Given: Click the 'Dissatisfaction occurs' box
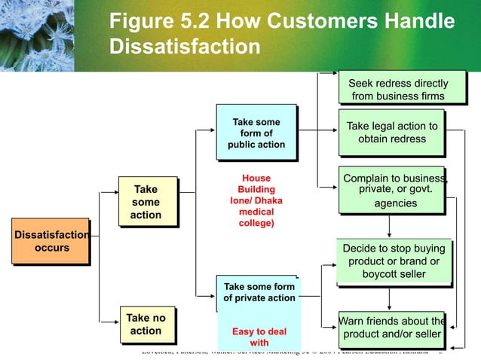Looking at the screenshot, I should pos(50,241).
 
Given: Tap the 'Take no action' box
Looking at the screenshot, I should pos(146,324).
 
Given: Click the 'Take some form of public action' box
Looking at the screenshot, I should pos(256,133).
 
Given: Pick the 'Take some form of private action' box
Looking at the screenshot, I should pos(259,292).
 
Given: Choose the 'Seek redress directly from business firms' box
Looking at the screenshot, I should pos(399,89).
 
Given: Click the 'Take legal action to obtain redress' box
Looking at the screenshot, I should pos(391,133).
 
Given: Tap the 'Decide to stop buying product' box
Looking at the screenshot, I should pos(394,261).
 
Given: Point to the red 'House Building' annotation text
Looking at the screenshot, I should pos(256,185).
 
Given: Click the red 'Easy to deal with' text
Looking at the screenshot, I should pos(259,337).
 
